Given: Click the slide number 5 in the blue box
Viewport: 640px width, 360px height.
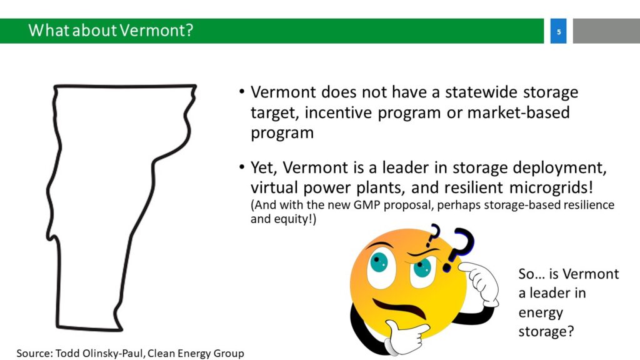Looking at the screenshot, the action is [x=558, y=32].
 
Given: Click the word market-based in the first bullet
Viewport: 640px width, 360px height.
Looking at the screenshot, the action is [x=518, y=112].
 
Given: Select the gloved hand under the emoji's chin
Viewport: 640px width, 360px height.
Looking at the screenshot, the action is [x=406, y=337].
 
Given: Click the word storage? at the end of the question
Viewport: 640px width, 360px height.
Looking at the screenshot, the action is [x=546, y=331].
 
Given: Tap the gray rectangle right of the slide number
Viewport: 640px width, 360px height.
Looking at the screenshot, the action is [x=606, y=31].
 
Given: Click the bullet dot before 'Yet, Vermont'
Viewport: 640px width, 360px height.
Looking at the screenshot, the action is [x=242, y=167].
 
